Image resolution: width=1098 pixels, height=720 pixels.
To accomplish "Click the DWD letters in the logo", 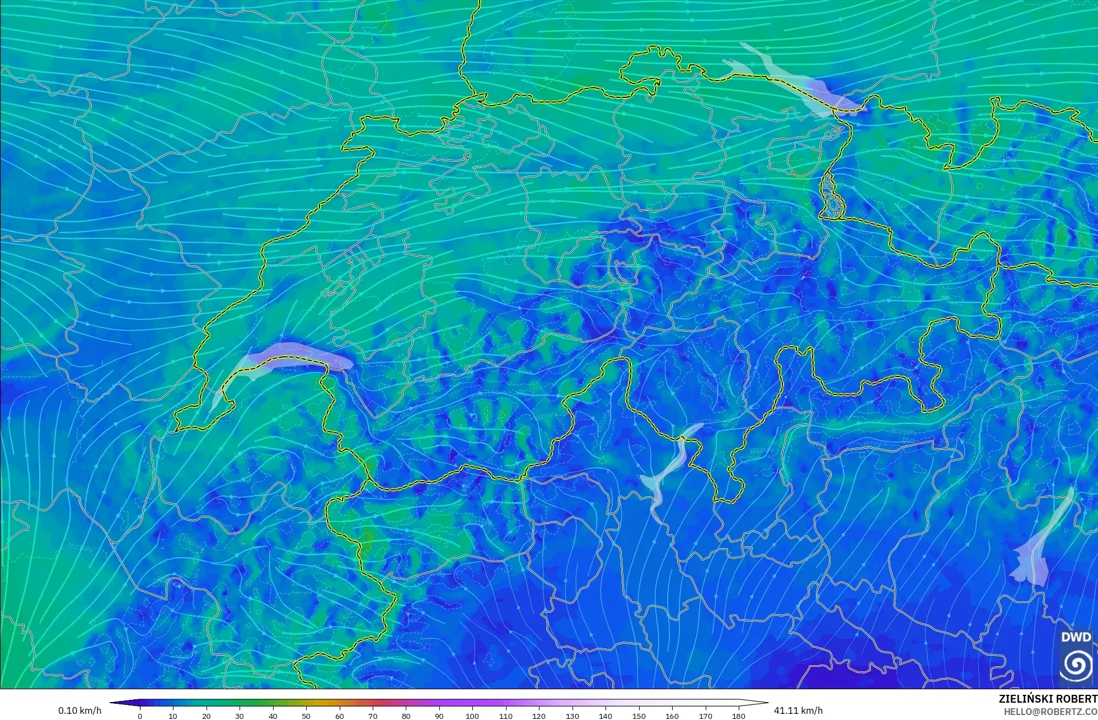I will pos(1076,637).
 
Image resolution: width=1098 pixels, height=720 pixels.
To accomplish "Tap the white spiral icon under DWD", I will pos(1076,665).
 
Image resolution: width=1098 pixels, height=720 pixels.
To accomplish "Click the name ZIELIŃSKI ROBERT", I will pos(1048,699).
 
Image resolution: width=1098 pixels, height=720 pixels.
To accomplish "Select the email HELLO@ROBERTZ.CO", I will pos(1050,712).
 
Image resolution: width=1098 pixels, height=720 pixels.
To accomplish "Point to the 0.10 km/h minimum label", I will pos(79,710).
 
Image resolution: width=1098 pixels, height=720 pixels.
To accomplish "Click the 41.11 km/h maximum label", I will pos(798,710).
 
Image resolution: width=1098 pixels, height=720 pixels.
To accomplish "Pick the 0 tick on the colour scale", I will pos(140,716).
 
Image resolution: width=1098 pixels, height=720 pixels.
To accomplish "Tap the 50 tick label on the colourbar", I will pos(306,716).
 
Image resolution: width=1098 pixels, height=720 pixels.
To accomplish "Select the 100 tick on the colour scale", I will pos(472,716).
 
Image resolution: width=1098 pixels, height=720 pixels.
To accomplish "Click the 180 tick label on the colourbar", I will pos(739,716).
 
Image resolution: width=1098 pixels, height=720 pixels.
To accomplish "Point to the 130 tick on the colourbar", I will pos(572,716).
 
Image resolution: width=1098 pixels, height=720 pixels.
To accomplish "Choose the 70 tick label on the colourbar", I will pos(373,716).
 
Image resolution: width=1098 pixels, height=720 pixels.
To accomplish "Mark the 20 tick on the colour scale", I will pos(207,716).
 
